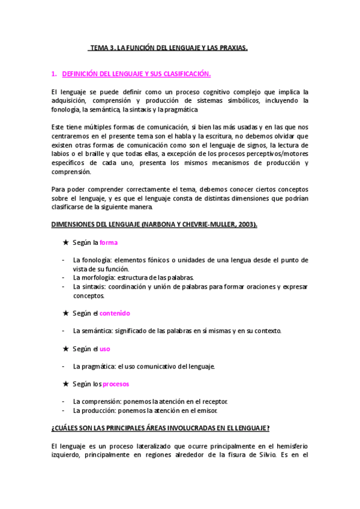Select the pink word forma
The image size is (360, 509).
pyautogui.click(x=109, y=242)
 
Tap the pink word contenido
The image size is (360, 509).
pyautogui.click(x=115, y=313)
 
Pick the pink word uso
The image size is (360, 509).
pyautogui.click(x=104, y=349)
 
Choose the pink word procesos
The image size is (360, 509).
pyautogui.click(x=116, y=384)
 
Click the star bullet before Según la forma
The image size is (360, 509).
pyautogui.click(x=66, y=242)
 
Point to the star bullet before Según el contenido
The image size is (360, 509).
pyautogui.click(x=66, y=313)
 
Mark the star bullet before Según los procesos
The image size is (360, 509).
pyautogui.click(x=66, y=384)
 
